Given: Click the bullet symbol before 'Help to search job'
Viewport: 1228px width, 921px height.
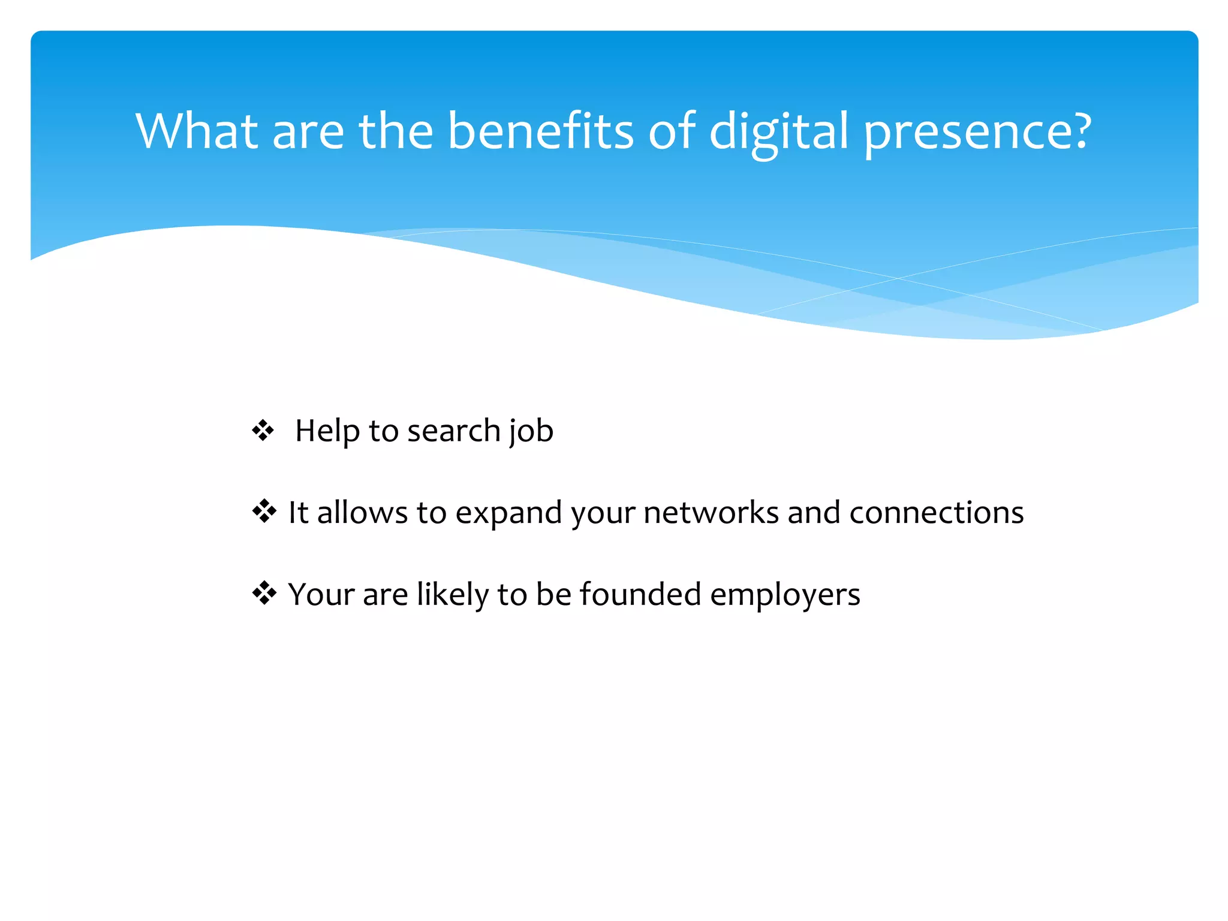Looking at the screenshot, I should [263, 431].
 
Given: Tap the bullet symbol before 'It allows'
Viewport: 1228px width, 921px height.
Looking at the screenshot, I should [264, 512].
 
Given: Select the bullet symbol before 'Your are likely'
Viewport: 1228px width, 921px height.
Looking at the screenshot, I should [264, 594].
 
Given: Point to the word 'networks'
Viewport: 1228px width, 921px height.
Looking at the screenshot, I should [711, 513].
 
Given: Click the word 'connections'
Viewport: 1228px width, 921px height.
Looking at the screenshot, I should [936, 513].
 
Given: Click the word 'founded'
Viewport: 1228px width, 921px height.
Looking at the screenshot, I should [640, 594].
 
